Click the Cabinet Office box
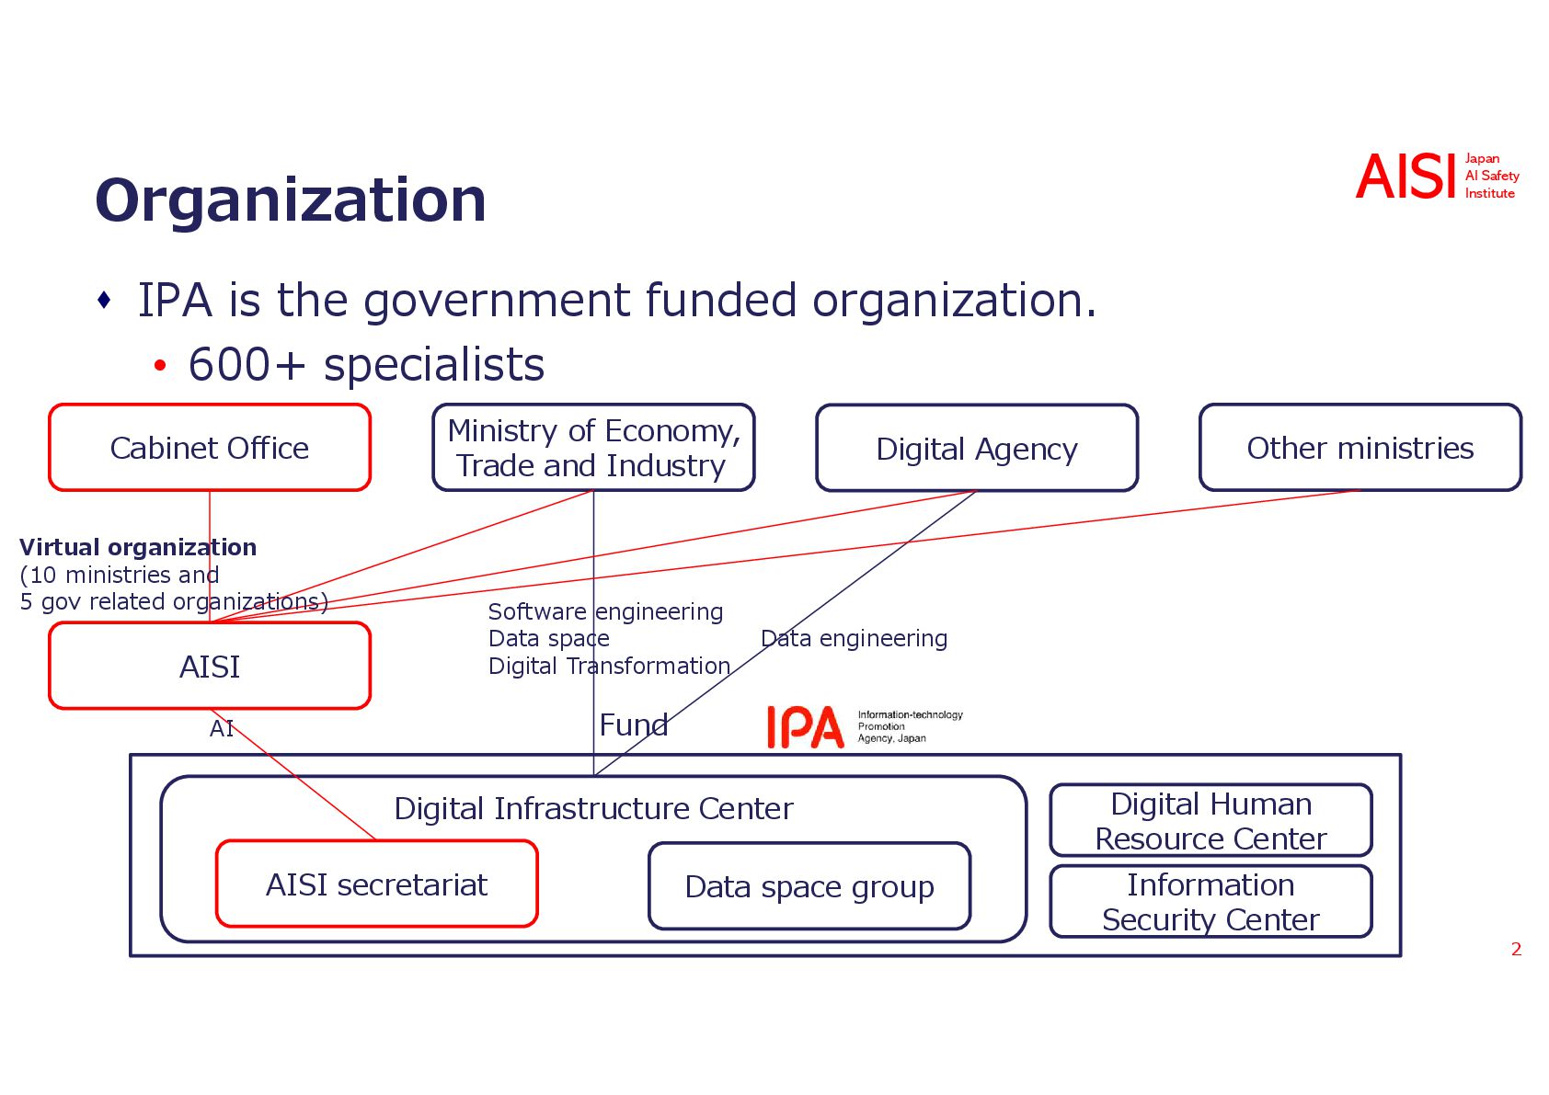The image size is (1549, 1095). tap(210, 448)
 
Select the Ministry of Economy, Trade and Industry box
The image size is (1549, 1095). tap(593, 448)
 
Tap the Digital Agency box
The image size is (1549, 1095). tap(977, 449)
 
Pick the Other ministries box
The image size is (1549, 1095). tap(1360, 448)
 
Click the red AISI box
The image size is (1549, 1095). tap(210, 667)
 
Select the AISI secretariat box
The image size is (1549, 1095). tap(376, 884)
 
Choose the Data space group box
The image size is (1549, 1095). tap(809, 886)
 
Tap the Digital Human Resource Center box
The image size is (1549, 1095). tap(1211, 821)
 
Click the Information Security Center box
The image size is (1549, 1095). tap(1211, 902)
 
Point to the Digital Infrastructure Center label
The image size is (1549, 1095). tap(593, 808)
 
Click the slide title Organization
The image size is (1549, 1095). tap(291, 200)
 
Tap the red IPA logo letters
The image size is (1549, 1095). tap(805, 727)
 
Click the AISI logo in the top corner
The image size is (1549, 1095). tap(1406, 177)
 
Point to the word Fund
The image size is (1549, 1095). tap(633, 725)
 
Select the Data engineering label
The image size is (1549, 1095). tap(854, 638)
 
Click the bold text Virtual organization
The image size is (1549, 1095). tap(138, 547)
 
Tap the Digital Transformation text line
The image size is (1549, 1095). tap(609, 666)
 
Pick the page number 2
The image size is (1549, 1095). tap(1516, 949)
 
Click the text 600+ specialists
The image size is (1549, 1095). tap(366, 364)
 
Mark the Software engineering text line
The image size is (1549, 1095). tap(605, 611)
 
